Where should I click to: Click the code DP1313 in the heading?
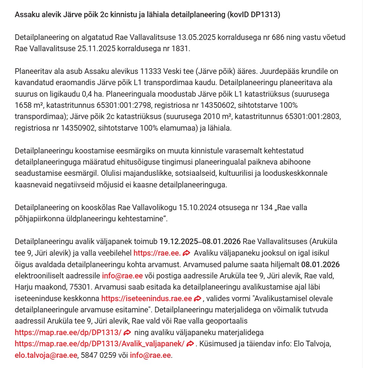pos(265,15)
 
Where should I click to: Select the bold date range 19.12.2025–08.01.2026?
pos(200,242)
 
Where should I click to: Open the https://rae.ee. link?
pos(157,253)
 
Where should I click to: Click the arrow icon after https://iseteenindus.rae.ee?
pos(198,299)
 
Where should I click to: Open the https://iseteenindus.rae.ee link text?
pos(147,299)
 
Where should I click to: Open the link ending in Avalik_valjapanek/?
pos(99,344)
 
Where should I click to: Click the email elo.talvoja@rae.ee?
pos(46,355)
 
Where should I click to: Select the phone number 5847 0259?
pos(97,355)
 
